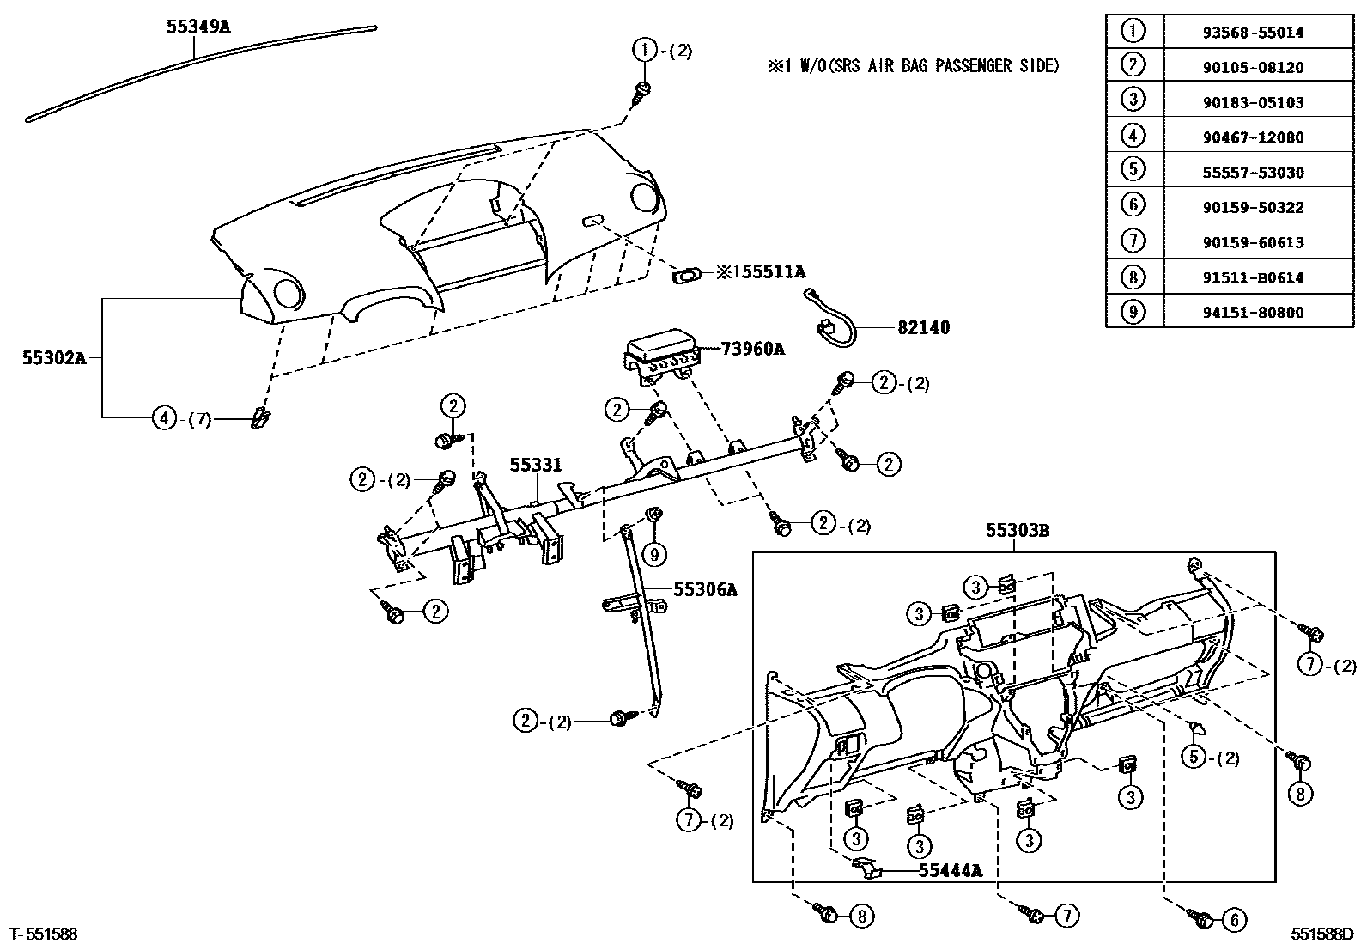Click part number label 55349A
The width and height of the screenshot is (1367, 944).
point(197,26)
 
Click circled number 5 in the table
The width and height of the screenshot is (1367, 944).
point(1133,172)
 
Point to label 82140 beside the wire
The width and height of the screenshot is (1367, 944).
point(923,327)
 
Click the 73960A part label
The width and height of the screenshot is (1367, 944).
point(752,349)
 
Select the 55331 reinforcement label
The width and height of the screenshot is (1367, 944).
point(535,465)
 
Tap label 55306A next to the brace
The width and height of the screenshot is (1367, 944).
point(705,589)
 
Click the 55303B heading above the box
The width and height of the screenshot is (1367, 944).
point(1017,531)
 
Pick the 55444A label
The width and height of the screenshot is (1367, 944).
point(949,870)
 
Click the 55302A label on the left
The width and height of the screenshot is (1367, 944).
point(54,357)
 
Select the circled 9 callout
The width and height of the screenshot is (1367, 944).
point(654,555)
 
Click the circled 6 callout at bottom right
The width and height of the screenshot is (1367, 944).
point(1233,920)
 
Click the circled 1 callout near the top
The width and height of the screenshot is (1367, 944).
point(644,51)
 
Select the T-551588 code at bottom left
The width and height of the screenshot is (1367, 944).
point(43,933)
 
